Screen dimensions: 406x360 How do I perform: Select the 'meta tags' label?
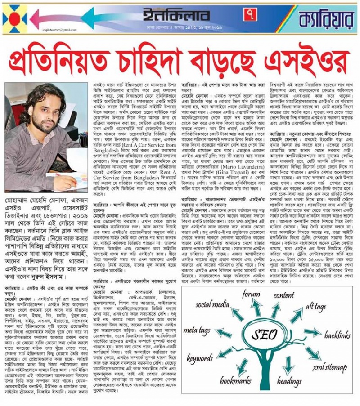point(196,330)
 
